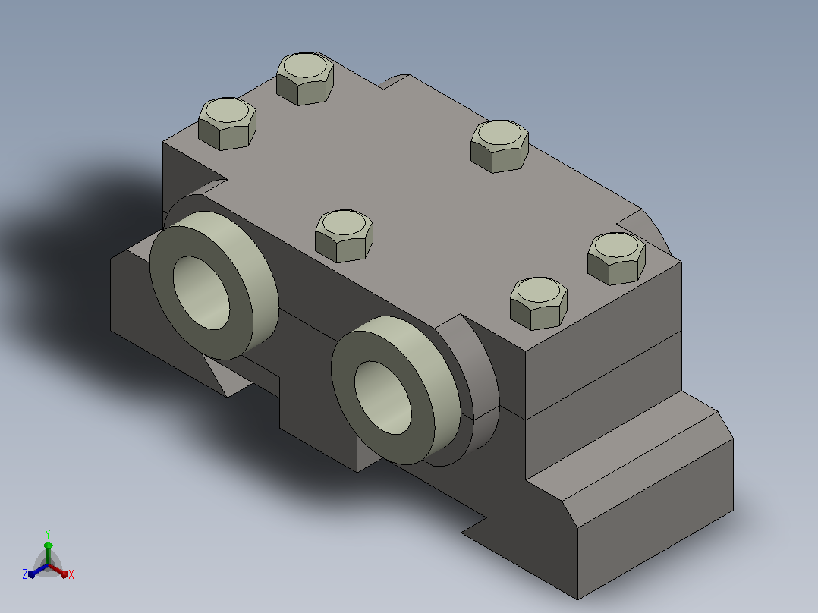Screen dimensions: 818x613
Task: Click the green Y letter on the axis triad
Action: point(48,533)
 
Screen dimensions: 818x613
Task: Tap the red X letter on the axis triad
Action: point(71,574)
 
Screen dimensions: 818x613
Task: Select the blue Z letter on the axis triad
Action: point(25,574)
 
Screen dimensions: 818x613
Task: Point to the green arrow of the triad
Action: point(48,552)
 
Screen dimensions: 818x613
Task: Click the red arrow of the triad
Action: point(58,571)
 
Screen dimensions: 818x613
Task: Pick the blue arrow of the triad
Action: point(38,571)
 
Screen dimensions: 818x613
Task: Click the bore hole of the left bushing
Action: point(201,293)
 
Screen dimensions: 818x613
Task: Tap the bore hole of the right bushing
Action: point(383,397)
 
